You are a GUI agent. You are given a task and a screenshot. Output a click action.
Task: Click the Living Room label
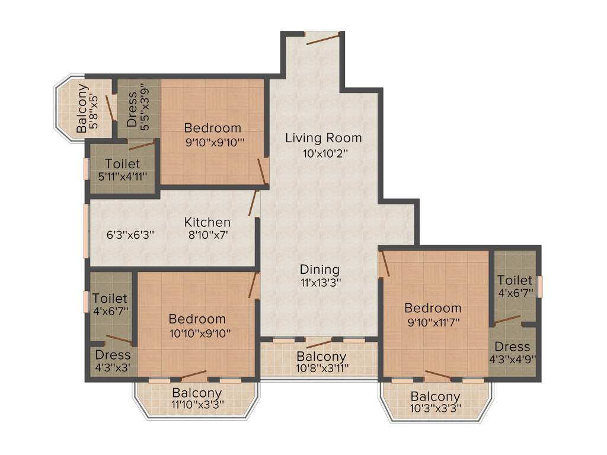[x=323, y=138]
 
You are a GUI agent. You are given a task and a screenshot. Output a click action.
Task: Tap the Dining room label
[x=320, y=270]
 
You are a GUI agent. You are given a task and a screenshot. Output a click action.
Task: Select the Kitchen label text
[x=207, y=222]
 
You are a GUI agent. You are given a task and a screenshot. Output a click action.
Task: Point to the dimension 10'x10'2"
[x=324, y=153]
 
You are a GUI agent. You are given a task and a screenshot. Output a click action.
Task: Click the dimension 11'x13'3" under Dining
[x=320, y=283]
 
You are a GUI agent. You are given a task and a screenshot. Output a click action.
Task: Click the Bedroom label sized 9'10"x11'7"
[x=433, y=308]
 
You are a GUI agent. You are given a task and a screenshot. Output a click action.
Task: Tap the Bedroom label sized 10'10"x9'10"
[x=197, y=319]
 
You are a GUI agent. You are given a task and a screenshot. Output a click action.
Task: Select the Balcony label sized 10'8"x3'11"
[x=321, y=357]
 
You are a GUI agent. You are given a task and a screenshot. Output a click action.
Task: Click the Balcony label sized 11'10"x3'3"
[x=197, y=393]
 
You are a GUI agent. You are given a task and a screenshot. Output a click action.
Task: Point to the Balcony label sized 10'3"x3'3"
[x=436, y=396]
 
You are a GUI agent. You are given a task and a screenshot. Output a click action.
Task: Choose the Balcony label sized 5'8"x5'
[x=82, y=108]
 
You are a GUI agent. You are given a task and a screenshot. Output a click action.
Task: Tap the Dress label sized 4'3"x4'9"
[x=513, y=347]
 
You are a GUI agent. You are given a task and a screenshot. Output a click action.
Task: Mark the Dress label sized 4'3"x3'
[x=113, y=355]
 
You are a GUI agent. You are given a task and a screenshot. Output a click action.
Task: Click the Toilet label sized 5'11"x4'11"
[x=123, y=164]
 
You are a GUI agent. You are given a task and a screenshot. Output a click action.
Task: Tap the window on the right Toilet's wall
[x=539, y=286]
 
